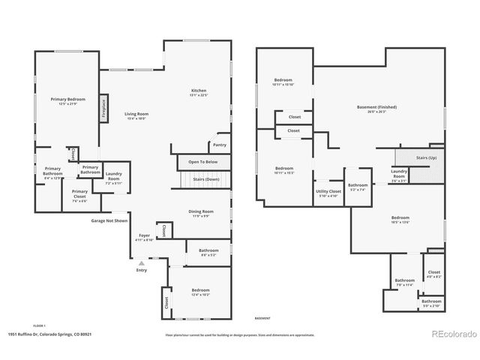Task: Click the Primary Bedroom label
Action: [x=67, y=101]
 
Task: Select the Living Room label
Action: [x=136, y=115]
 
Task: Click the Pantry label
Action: [x=219, y=145]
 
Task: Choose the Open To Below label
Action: [x=202, y=161]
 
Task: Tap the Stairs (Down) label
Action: [x=206, y=180]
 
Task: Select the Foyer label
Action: [x=144, y=237]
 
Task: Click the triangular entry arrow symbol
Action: [x=140, y=263]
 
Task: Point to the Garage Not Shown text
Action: [x=109, y=221]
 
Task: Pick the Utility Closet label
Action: [x=328, y=193]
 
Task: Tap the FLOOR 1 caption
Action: [x=39, y=325]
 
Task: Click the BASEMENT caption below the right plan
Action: [x=262, y=318]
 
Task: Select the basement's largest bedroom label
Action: [x=400, y=220]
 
